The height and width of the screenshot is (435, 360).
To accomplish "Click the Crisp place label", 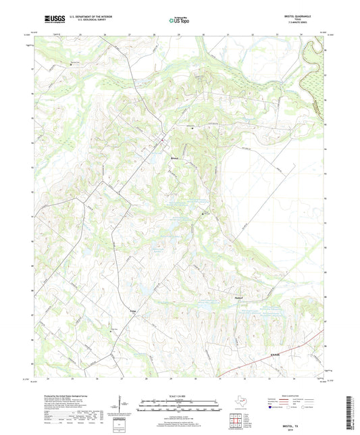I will [x=133, y=310].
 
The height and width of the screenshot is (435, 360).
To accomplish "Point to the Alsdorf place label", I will [x=232, y=297].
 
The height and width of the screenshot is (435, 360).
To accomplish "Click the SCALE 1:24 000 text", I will [x=180, y=396].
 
